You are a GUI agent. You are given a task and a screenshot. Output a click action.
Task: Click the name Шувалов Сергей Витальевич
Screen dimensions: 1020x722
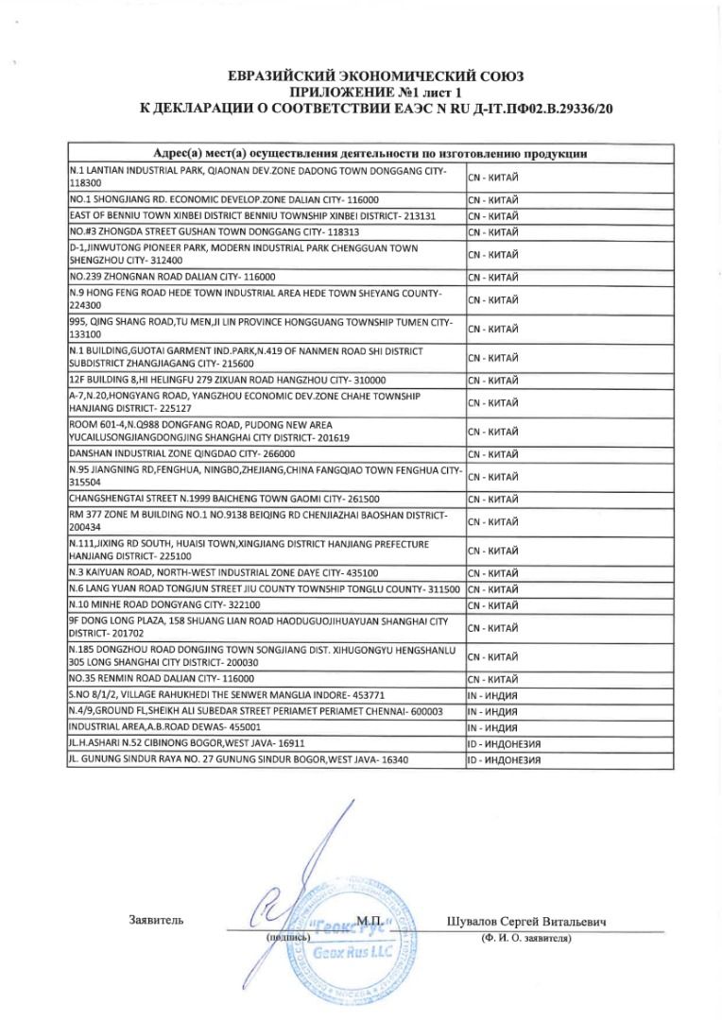[525, 922]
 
